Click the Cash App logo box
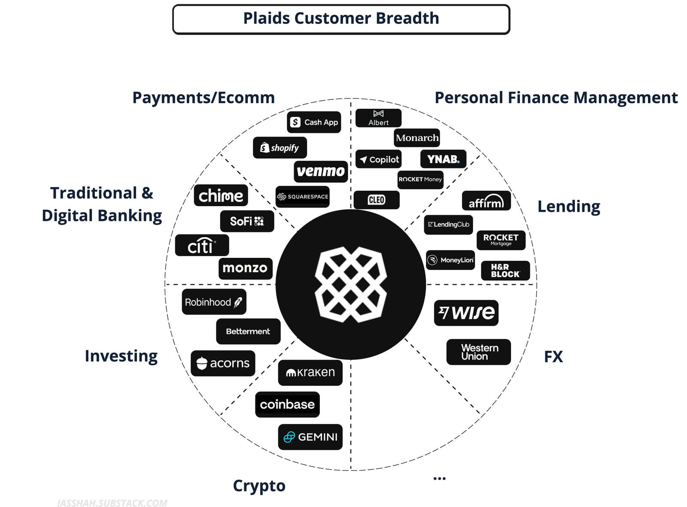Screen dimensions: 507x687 [314, 122]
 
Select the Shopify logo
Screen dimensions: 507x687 [280, 148]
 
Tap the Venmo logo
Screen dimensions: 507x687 [321, 171]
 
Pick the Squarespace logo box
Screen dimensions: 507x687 [302, 197]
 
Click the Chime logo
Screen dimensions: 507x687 [221, 195]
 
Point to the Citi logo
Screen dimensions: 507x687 [202, 245]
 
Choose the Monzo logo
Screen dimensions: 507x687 [245, 268]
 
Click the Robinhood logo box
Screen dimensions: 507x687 [214, 302]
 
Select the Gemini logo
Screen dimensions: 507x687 [310, 437]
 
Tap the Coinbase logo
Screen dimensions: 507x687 [287, 404]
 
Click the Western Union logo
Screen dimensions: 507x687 [478, 352]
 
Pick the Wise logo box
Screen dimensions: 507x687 [466, 312]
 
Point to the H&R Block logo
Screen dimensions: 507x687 [505, 271]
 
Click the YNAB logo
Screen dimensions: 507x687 [443, 159]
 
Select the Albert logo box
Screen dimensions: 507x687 [378, 118]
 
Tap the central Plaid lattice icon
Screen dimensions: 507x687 [351, 284]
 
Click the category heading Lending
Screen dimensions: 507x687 [568, 207]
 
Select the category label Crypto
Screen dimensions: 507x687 [259, 486]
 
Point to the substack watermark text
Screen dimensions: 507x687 [112, 503]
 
